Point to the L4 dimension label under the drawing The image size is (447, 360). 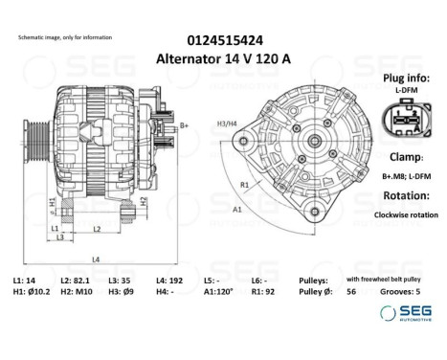96,259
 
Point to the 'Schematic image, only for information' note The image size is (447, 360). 65,36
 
